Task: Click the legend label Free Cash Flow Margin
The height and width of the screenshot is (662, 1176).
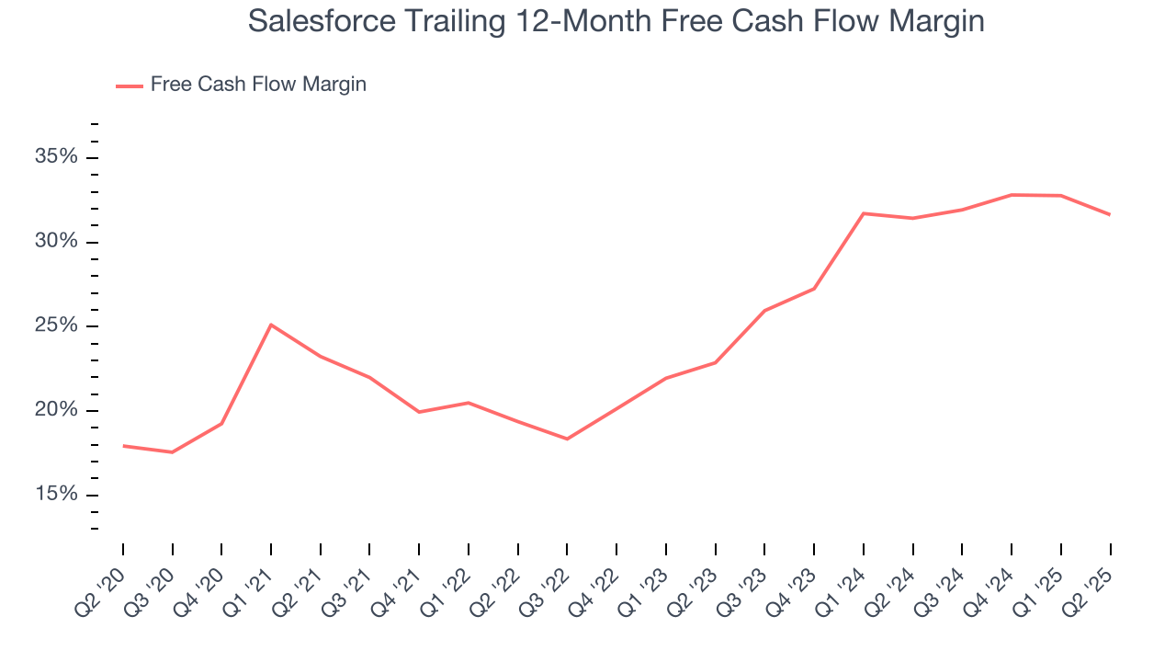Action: [x=258, y=85]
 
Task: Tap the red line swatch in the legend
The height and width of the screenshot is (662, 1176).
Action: [x=130, y=86]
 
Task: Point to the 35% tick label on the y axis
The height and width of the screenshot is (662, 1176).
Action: [x=56, y=157]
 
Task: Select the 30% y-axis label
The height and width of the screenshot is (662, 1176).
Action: [x=56, y=242]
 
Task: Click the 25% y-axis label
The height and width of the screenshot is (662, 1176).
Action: [x=56, y=326]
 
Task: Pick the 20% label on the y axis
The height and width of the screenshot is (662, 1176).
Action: [x=56, y=411]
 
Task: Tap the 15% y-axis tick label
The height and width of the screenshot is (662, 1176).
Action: [x=56, y=496]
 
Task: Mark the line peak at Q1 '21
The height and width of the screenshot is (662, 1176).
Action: [x=271, y=325]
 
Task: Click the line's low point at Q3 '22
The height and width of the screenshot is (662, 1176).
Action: [x=567, y=439]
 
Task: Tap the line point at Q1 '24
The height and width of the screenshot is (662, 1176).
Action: [x=864, y=213]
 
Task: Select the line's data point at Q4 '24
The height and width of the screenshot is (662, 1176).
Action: [x=1012, y=195]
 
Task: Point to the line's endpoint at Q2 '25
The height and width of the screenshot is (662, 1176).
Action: [x=1110, y=214]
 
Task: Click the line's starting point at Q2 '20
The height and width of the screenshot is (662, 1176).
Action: [x=123, y=446]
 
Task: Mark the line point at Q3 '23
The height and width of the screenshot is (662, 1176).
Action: [x=764, y=311]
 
